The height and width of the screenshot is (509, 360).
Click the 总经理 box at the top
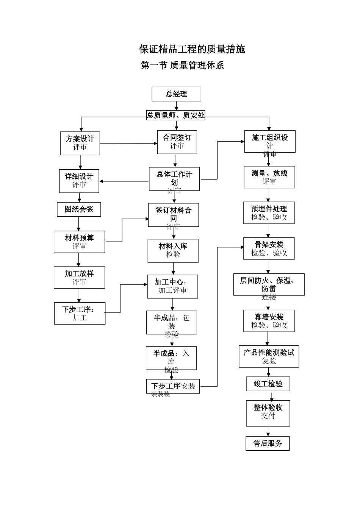(176, 94)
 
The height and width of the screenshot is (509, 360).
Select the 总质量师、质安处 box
(176, 115)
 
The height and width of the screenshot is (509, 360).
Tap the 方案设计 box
(80, 143)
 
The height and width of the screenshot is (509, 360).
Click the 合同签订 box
(177, 142)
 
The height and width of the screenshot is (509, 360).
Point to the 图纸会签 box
(79, 209)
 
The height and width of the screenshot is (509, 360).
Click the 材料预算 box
(79, 242)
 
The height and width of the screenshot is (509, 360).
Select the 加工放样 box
(79, 278)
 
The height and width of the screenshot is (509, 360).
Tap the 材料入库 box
(173, 250)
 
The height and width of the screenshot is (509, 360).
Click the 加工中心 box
(172, 286)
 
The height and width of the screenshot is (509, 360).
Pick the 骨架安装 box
(269, 248)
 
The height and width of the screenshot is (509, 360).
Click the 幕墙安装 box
(269, 321)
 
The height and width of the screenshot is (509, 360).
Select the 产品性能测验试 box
(269, 356)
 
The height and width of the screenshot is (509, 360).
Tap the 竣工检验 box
(268, 384)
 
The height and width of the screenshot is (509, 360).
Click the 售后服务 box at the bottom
(268, 443)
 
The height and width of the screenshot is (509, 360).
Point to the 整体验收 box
(268, 413)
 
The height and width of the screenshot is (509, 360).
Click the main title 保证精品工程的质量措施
(192, 49)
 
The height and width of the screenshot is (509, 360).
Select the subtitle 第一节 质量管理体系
(182, 66)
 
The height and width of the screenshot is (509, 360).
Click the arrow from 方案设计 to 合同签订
(128, 144)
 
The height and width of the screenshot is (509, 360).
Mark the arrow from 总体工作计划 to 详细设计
(124, 181)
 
